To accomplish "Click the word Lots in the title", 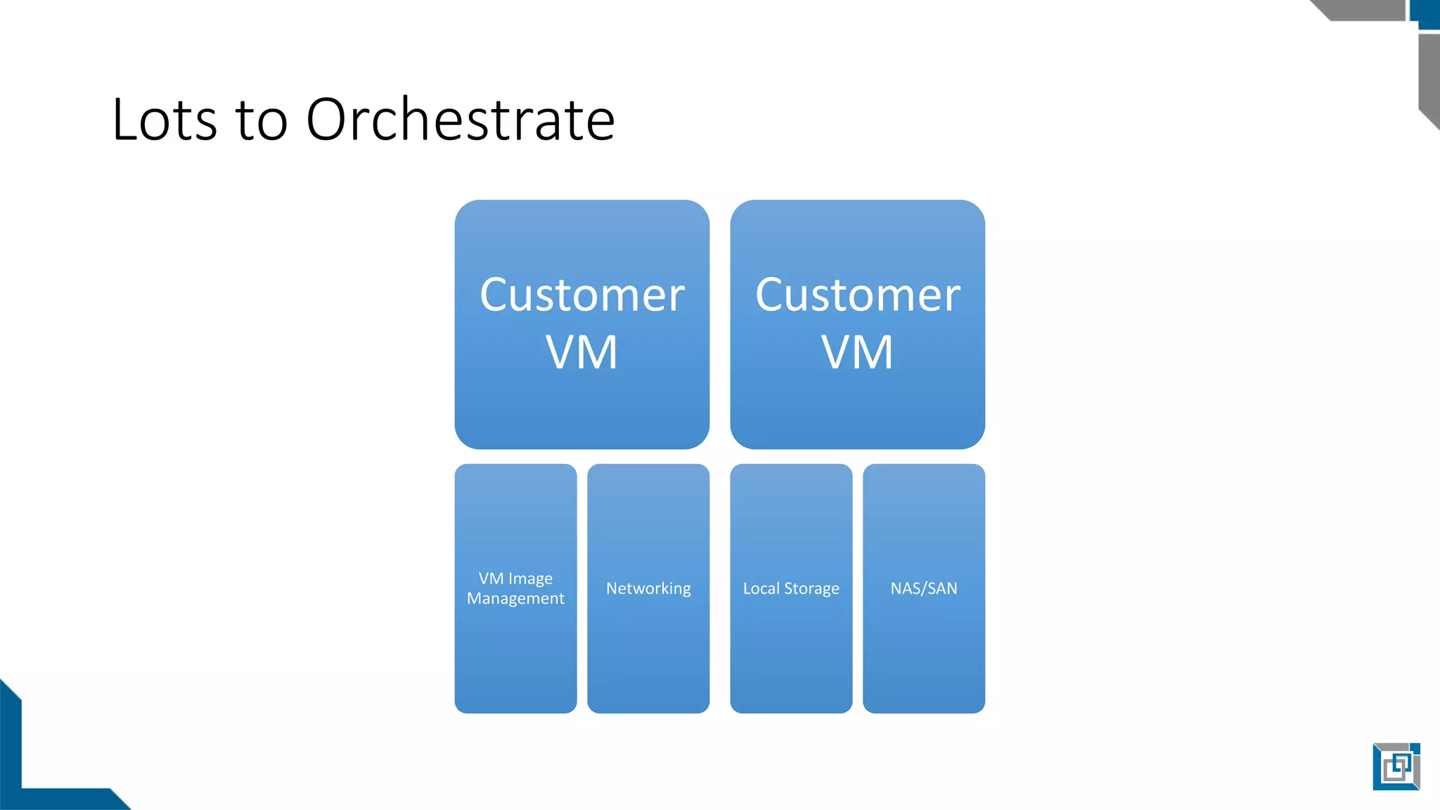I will click(165, 120).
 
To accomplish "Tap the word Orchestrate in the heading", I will click(461, 120).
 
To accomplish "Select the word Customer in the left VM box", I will click(582, 295).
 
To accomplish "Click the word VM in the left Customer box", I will click(581, 352).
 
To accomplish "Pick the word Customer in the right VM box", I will click(858, 295).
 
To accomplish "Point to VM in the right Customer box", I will click(857, 352).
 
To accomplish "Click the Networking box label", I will click(648, 589).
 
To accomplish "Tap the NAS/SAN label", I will click(924, 589).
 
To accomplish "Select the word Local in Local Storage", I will click(761, 589).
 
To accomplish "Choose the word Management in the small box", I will click(515, 598).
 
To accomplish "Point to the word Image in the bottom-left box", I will click(530, 579).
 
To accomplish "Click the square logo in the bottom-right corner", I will click(1396, 766).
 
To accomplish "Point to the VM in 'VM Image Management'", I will click(491, 579).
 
